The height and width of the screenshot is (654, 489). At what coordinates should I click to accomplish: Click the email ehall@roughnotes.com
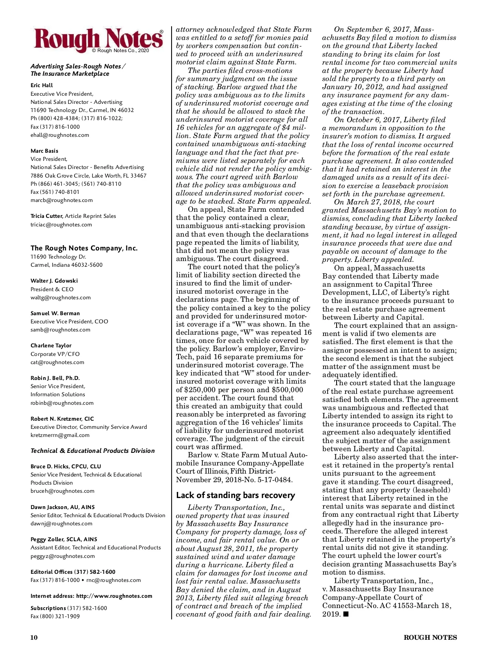59,135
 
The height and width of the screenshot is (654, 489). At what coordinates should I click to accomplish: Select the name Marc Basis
44,151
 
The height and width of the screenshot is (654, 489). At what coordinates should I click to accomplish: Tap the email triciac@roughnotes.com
61,225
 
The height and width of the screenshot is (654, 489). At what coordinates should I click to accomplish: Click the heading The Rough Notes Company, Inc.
84,248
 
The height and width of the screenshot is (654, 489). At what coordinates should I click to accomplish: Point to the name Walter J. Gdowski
54,281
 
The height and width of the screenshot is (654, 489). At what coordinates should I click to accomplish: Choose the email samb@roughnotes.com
60,330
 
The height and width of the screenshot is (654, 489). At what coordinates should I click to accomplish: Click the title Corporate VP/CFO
55,354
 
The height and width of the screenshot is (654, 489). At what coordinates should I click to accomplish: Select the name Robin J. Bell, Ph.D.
55,378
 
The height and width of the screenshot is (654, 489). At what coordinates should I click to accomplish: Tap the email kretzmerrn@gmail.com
60,435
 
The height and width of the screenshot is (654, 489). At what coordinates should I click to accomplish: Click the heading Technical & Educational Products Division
93,451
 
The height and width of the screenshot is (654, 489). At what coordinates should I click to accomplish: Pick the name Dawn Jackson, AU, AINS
62,507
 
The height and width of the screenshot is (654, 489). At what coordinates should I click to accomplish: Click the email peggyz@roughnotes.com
62,556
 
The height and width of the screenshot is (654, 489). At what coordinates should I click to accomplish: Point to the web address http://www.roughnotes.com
114,596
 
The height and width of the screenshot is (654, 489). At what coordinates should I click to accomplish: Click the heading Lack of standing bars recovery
235,495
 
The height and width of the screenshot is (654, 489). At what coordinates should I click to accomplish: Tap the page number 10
34,638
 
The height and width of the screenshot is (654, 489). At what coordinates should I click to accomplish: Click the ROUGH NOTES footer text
430,638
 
